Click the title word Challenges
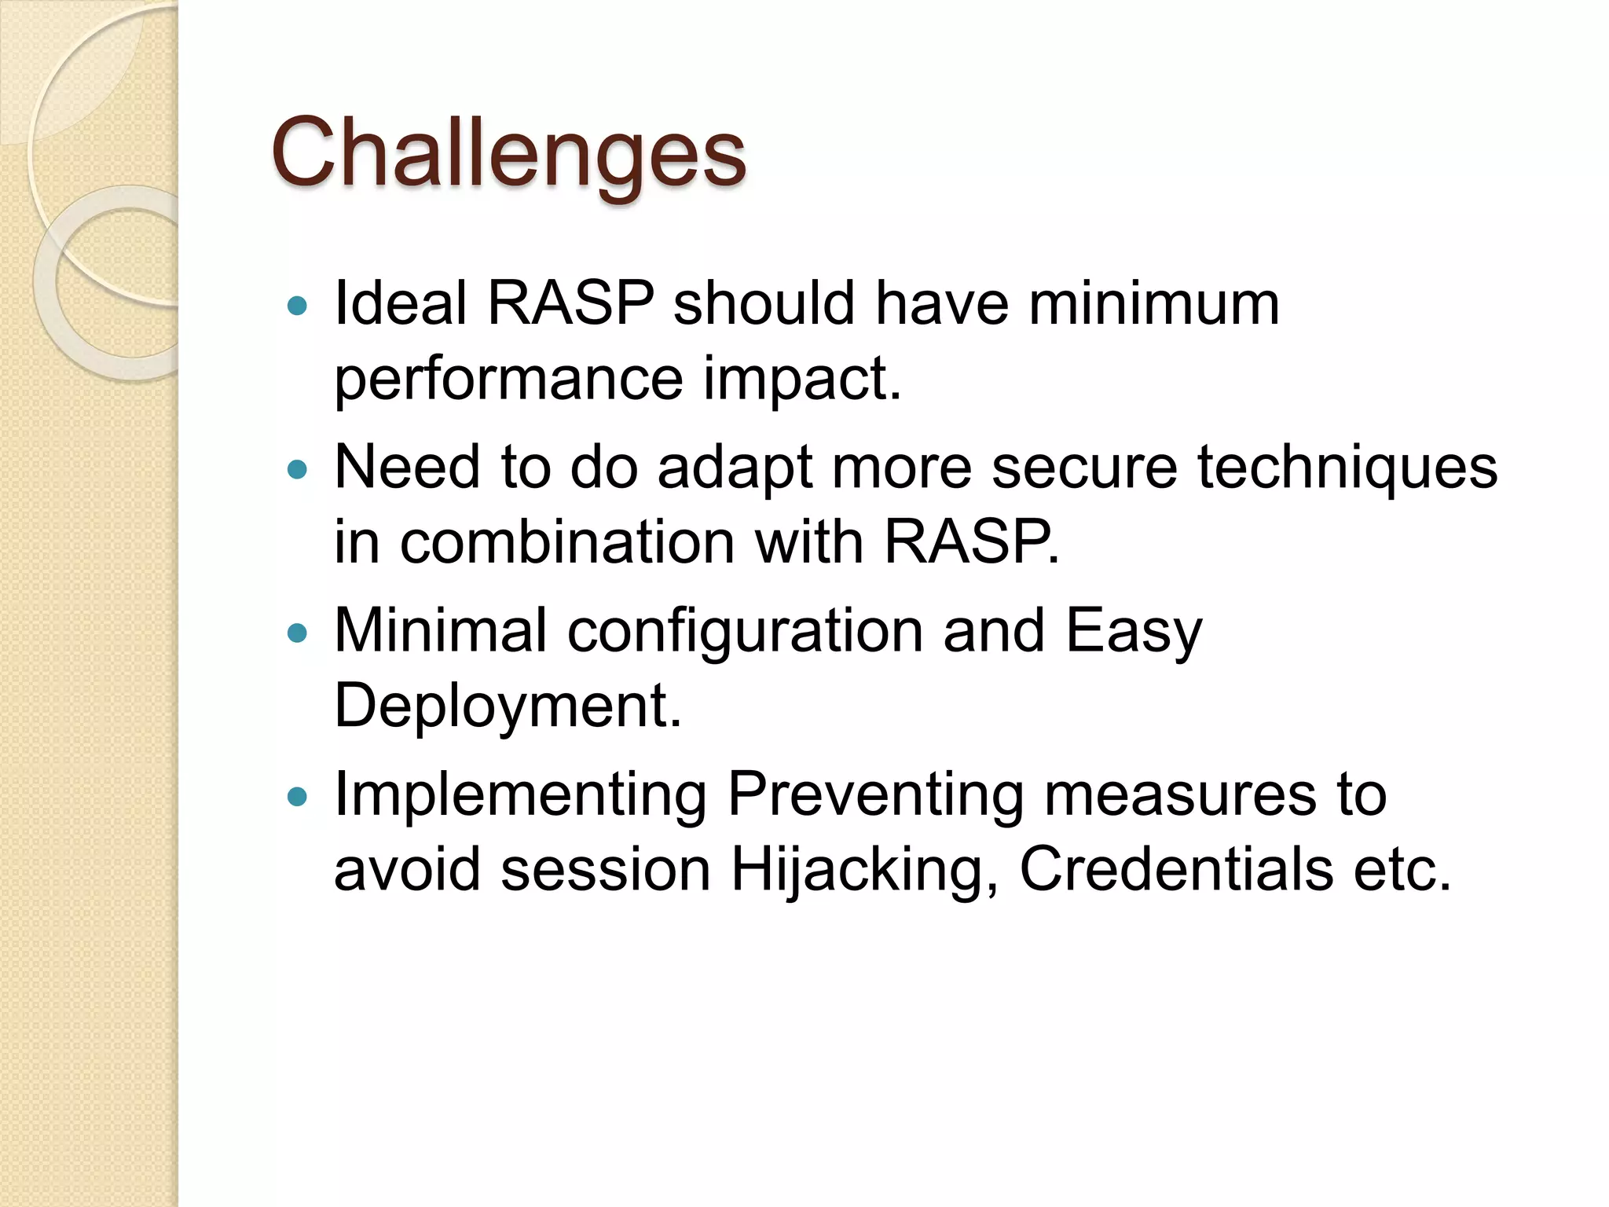(x=508, y=153)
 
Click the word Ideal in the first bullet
(x=399, y=303)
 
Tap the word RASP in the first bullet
(x=570, y=303)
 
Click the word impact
(x=801, y=379)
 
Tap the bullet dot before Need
(x=297, y=470)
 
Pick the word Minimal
(x=440, y=630)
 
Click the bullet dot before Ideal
(x=297, y=306)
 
